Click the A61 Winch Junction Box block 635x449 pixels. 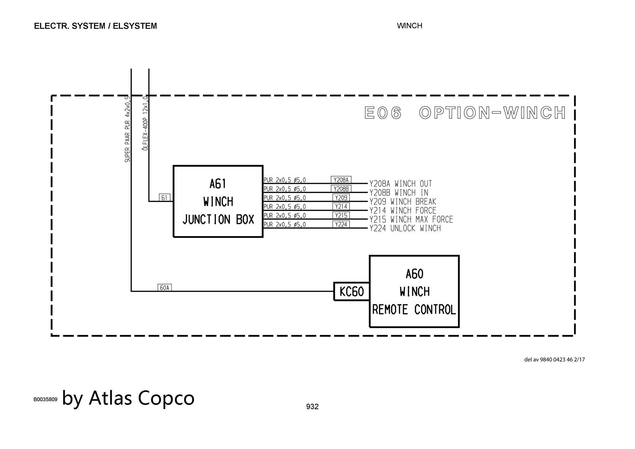pos(218,201)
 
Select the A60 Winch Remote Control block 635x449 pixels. pos(414,291)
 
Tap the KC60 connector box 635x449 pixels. pos(351,291)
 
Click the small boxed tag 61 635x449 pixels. pos(164,198)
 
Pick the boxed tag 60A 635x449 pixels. pos(164,288)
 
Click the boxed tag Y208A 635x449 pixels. pos(341,180)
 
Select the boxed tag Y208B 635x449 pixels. pos(341,189)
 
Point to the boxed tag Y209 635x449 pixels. pos(341,198)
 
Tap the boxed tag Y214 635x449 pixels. pos(341,207)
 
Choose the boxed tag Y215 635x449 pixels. pos(341,215)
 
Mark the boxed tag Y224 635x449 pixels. pos(341,224)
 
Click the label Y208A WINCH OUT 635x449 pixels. pos(401,184)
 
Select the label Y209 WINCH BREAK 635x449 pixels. pos(403,201)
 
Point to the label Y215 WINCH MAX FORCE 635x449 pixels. pos(411,219)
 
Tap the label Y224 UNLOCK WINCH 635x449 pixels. pos(405,228)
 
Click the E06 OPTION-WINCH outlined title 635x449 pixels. pos(465,113)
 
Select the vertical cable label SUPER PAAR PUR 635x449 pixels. pos(127,129)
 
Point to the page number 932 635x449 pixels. pos(312,406)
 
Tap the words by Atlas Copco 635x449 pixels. pos(128,398)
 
